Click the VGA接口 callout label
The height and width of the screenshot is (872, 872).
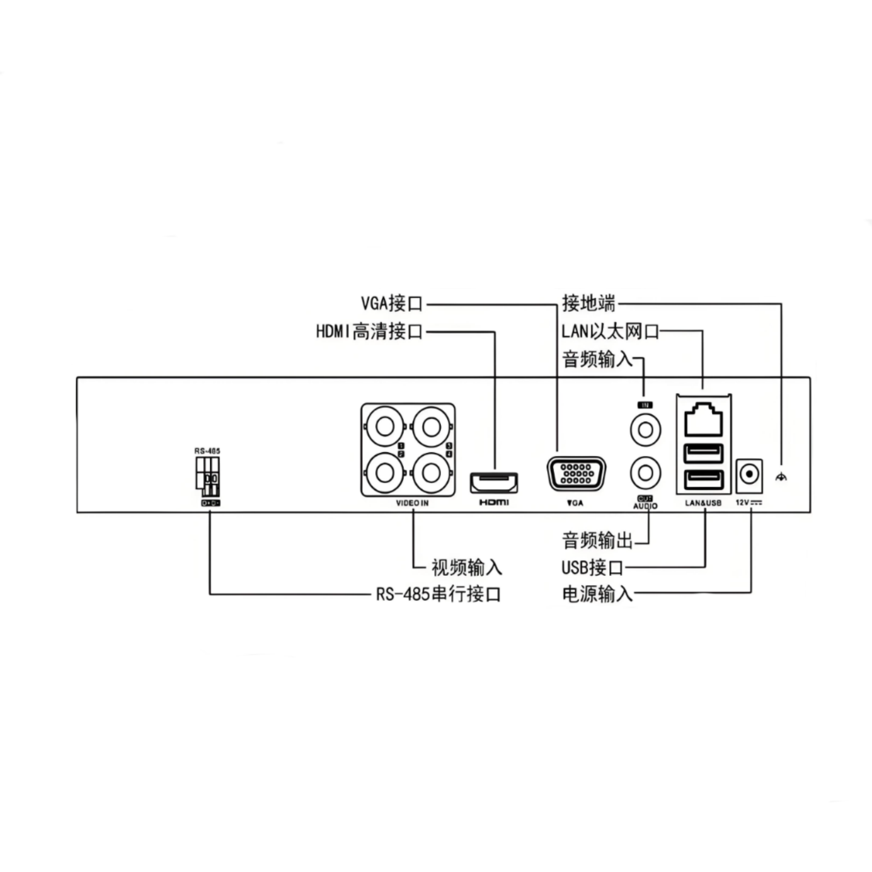tap(391, 303)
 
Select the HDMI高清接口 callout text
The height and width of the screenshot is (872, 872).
tap(369, 332)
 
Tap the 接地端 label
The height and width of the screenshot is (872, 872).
tap(589, 303)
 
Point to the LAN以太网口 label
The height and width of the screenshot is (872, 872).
tap(610, 331)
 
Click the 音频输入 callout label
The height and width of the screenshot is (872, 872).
tap(597, 359)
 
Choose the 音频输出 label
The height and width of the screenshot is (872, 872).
tap(597, 540)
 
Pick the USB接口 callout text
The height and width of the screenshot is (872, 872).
tap(592, 567)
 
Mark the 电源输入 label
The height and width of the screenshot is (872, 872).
tap(597, 594)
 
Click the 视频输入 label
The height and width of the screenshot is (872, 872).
tap(466, 567)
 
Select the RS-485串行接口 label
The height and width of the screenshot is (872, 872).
tap(438, 594)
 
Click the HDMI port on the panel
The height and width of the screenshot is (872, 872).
tap(494, 483)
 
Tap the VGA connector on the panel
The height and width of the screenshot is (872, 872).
tap(576, 474)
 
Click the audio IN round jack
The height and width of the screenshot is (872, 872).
tap(646, 429)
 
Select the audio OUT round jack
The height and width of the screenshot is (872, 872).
tap(646, 472)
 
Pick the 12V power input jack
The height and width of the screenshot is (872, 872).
tap(749, 474)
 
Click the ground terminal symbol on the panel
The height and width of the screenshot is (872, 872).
tap(781, 477)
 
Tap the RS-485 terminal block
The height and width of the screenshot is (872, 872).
tap(207, 473)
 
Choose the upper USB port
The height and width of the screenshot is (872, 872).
tap(703, 453)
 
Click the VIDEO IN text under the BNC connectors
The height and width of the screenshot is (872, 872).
tap(412, 503)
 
